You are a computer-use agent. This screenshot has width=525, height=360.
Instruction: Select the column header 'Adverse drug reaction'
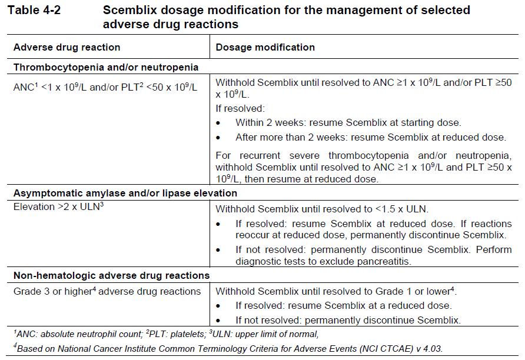67,47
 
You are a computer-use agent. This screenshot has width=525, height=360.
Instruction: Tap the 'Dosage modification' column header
265,47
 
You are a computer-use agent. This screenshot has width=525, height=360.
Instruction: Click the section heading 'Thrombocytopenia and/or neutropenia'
106,67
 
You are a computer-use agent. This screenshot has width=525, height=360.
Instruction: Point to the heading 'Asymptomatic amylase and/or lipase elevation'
125,193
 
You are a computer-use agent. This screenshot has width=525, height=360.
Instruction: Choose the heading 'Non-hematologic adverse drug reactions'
111,275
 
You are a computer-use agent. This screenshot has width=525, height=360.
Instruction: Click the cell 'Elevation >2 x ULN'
59,207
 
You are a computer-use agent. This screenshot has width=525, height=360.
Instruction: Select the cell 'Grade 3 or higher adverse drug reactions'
107,291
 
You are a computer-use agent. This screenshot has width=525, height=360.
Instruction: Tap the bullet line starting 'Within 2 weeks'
348,123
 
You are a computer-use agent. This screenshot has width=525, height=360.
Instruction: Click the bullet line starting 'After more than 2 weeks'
370,137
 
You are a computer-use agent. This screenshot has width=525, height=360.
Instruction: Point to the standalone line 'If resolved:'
240,109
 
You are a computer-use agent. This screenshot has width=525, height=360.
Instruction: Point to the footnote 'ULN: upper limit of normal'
264,335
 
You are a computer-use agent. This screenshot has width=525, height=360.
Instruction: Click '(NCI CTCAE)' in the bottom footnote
387,348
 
